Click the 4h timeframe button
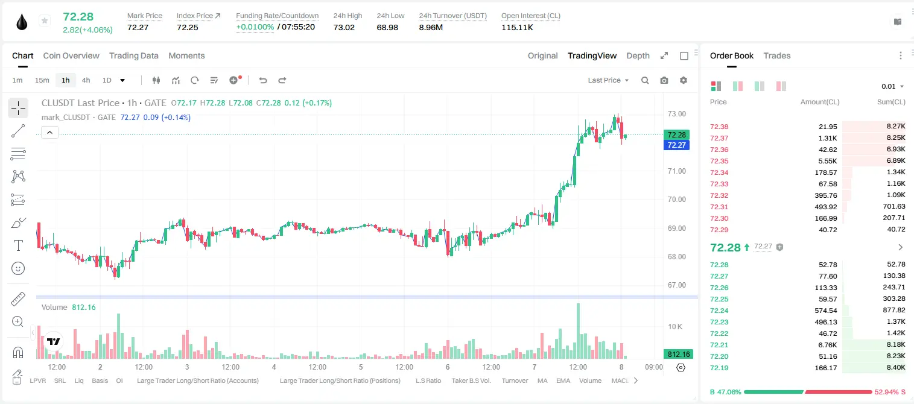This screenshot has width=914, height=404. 86,80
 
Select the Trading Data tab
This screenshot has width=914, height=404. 134,56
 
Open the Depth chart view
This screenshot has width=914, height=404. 638,56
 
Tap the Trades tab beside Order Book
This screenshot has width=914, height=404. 777,56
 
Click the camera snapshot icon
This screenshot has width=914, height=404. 664,80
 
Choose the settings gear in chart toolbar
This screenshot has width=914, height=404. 684,80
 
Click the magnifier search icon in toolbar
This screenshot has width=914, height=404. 645,80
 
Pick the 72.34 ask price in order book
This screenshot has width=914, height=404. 719,172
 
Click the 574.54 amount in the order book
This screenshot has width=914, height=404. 825,311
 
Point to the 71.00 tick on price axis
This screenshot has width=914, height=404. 676,171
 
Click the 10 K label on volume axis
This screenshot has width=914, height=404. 675,327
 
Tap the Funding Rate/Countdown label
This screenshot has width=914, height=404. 277,16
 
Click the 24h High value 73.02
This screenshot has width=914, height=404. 344,27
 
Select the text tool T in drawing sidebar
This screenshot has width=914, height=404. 18,245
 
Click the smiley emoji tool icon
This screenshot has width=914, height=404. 18,268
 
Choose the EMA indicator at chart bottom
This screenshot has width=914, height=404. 563,380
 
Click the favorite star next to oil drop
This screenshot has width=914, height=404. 45,21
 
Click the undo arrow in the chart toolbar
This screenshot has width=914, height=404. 263,80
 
